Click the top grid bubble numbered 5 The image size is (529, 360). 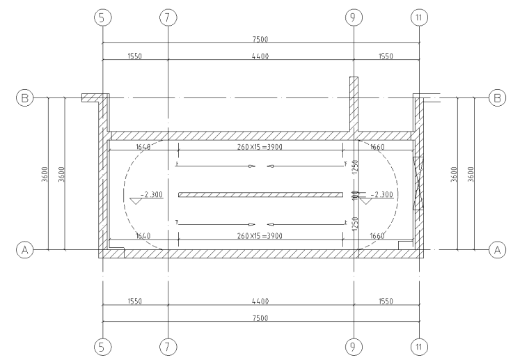pyautogui.click(x=102, y=17)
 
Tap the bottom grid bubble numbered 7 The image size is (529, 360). pyautogui.click(x=168, y=347)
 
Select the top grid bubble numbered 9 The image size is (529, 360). pyautogui.click(x=354, y=17)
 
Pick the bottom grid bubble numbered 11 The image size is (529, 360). pyautogui.click(x=419, y=347)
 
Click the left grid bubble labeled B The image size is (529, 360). pyautogui.click(x=24, y=98)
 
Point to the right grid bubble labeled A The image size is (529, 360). pyautogui.click(x=497, y=250)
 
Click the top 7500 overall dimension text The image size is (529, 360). pyautogui.click(x=260, y=39)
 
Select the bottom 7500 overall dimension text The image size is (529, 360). pyautogui.click(x=260, y=318)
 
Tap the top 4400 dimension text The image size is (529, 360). pyautogui.click(x=260, y=56)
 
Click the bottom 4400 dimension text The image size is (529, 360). pyautogui.click(x=260, y=301)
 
